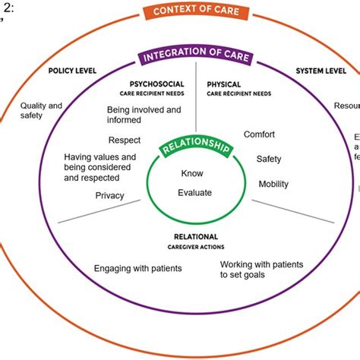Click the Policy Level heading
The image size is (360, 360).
71,70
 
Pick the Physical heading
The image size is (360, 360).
224,84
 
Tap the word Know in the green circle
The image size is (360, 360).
192,173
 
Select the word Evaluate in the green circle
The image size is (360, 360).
194,193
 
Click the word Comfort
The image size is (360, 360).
259,134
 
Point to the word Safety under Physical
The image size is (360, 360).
269,159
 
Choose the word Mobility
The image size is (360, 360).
273,184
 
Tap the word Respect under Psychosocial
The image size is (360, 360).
125,140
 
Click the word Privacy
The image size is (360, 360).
109,195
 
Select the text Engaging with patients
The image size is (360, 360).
137,268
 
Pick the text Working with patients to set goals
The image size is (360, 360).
261,270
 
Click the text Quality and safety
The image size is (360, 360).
41,111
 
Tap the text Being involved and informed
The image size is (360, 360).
144,115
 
